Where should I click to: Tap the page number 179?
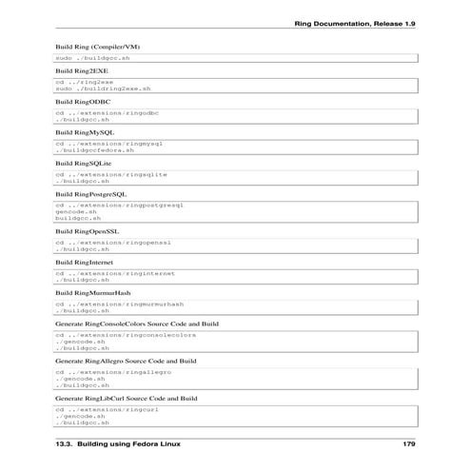[409, 444]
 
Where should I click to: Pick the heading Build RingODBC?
[82, 101]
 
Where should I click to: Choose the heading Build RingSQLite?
[85, 163]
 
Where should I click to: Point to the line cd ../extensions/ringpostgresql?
[118, 205]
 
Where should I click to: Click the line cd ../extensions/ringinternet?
[114, 273]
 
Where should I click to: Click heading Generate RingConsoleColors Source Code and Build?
[137, 324]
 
